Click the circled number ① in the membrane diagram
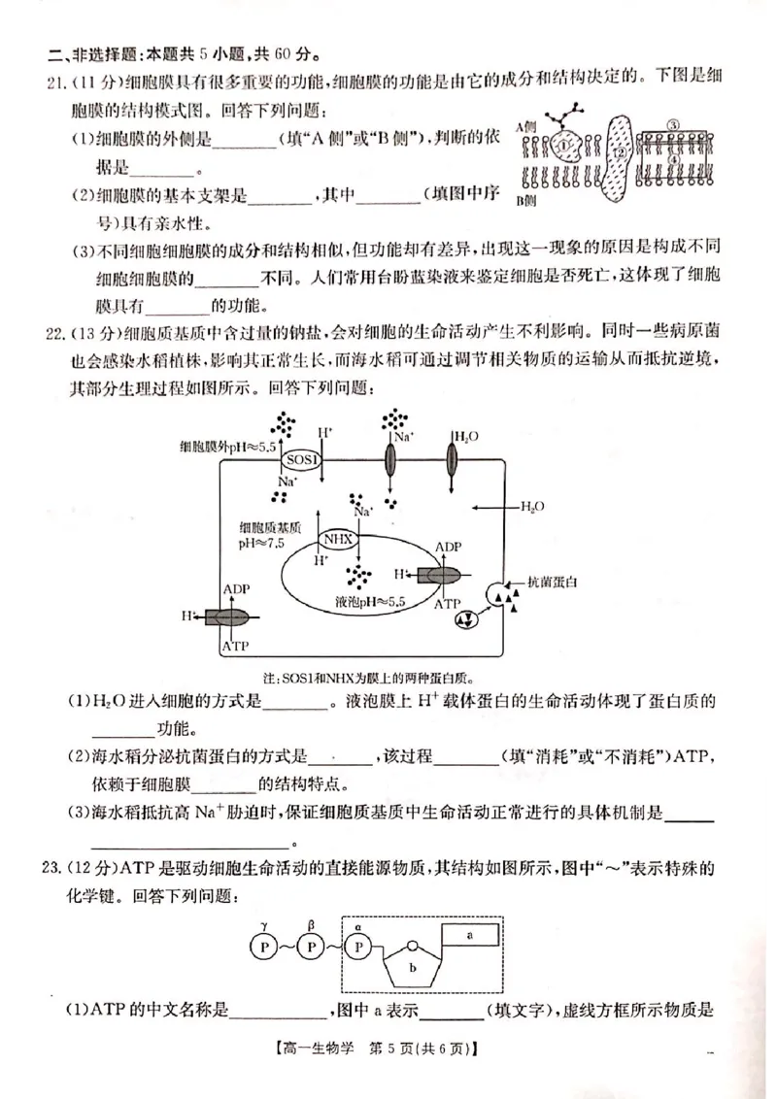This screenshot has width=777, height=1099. pos(565,146)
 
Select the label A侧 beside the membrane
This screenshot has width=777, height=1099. pos(527,126)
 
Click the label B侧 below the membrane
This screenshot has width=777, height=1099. pos(526,200)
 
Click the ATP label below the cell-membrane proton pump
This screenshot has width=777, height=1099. pos(236,646)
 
